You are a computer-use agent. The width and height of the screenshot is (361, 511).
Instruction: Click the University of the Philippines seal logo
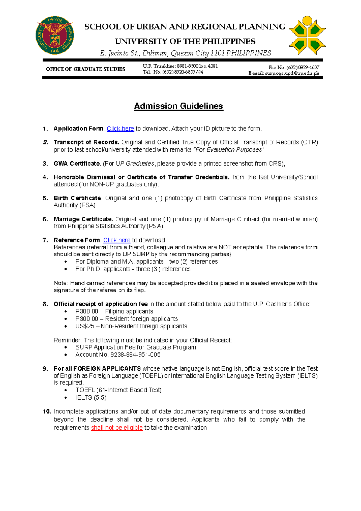tap(54, 36)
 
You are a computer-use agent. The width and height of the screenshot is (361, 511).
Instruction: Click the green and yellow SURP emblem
tap(307, 36)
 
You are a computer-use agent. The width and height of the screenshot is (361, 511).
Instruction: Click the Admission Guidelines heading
tap(178, 106)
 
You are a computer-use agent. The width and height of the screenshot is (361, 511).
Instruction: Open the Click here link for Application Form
tap(120, 129)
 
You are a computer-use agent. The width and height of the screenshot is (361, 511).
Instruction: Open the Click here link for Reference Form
tap(117, 240)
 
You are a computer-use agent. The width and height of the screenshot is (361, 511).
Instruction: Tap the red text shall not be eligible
tap(117, 428)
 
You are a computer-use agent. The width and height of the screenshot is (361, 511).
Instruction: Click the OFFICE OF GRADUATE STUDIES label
tap(85, 69)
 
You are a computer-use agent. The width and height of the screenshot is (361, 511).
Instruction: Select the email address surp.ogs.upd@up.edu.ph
tap(292, 73)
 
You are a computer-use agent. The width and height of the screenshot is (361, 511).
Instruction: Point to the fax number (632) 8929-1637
tap(303, 67)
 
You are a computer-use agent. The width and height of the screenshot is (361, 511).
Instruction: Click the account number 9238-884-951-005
tap(135, 355)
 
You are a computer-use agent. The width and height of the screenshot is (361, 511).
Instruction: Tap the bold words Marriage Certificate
tap(83, 219)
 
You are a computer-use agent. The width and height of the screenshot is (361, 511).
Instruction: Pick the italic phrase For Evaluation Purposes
tap(230, 150)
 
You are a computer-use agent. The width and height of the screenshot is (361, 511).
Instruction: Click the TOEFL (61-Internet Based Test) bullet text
tap(119, 390)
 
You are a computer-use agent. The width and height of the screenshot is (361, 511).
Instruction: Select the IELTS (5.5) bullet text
tap(91, 398)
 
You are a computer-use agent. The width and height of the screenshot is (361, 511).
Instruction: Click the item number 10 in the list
tap(47, 412)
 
